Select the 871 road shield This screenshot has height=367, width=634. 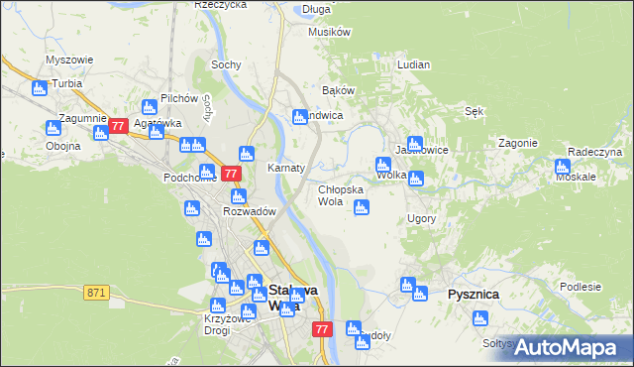(x=96, y=292)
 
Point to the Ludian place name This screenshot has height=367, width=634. (x=413, y=64)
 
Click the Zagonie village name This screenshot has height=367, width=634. (x=518, y=143)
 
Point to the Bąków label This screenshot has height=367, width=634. (x=338, y=90)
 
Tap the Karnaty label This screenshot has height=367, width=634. (x=285, y=168)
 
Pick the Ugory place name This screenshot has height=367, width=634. (x=421, y=217)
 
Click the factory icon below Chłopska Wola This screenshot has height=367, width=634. (x=362, y=207)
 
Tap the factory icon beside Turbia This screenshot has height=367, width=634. (x=40, y=89)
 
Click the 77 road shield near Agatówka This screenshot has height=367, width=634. (x=118, y=126)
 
